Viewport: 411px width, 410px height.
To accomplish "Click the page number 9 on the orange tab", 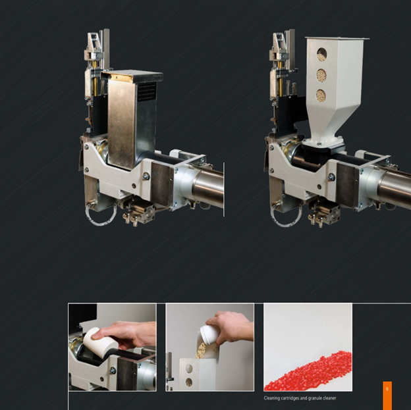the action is pos(387,389).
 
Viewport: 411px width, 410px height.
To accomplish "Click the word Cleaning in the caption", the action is pos(272,398).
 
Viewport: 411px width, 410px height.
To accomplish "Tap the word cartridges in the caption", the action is pos(290,398).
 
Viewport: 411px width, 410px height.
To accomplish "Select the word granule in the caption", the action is pos(314,398).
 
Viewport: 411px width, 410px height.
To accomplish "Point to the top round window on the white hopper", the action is pos(321,54).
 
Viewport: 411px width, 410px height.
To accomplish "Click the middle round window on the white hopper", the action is pos(321,75).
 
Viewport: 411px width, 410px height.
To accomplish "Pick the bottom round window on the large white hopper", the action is pos(321,95).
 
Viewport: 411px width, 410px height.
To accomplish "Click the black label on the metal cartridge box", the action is pos(147,91).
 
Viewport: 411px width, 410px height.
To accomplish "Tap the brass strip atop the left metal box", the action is pos(121,77).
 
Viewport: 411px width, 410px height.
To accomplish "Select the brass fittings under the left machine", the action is pos(131,219).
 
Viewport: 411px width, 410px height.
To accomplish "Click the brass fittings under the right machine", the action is pos(316,220).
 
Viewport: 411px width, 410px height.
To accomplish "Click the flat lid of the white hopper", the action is pos(337,38).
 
